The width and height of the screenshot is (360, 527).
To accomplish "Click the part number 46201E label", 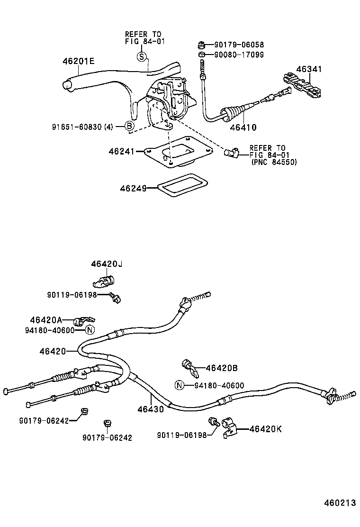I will coord(79,61).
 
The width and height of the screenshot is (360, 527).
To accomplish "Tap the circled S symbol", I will coord(141,57).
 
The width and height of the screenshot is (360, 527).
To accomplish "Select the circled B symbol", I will coord(129,126).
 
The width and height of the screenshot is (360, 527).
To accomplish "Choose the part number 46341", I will coord(309,69).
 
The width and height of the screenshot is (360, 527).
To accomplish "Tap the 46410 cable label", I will coord(243,127).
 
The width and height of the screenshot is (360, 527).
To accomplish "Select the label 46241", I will coord(122,151).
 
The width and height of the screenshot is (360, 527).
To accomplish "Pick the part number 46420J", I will coord(107,263).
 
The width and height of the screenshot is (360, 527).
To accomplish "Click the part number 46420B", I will coord(222,368).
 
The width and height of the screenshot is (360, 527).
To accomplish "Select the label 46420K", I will coord(265,429).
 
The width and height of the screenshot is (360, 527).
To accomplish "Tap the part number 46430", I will coord(151,409).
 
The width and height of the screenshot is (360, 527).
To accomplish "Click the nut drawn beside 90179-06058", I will coord(201,45).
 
